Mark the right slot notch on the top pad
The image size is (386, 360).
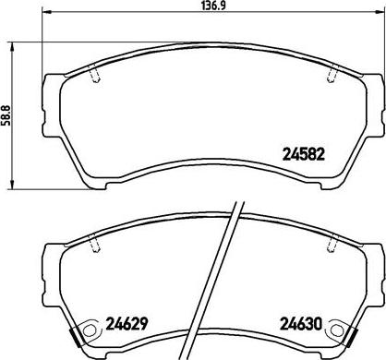[x=331, y=76]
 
